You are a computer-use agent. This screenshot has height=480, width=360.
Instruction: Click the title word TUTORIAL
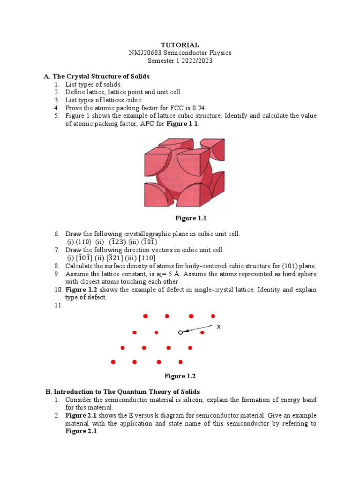(x=180, y=45)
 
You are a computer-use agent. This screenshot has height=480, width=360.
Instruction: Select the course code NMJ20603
(x=145, y=53)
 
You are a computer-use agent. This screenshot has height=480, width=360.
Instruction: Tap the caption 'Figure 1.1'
(x=191, y=218)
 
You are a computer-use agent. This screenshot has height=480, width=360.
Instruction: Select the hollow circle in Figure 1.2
(x=180, y=332)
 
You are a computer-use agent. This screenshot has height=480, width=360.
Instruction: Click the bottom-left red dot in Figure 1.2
(x=112, y=362)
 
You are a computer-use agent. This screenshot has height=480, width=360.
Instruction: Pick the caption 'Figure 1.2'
(x=180, y=376)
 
